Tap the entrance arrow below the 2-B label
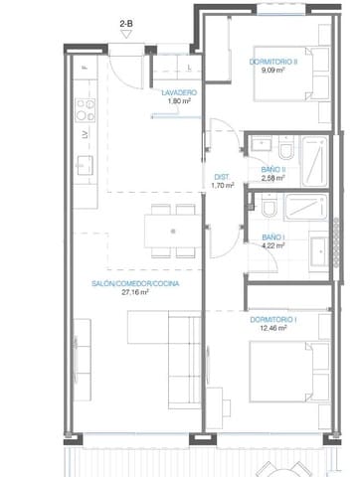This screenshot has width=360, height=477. [x=126, y=32]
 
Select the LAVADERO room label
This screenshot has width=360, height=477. [x=179, y=92]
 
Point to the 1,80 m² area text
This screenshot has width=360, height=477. [x=179, y=101]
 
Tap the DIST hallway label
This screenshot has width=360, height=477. [x=223, y=177]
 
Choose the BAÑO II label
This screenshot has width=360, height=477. [x=274, y=169]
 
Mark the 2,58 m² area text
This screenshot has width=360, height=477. [x=274, y=178]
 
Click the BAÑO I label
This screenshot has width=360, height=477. [x=273, y=238]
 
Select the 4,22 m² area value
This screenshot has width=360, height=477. [x=273, y=246]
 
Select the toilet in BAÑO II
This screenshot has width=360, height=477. [x=285, y=150]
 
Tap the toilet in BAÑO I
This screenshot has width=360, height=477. [x=269, y=210]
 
